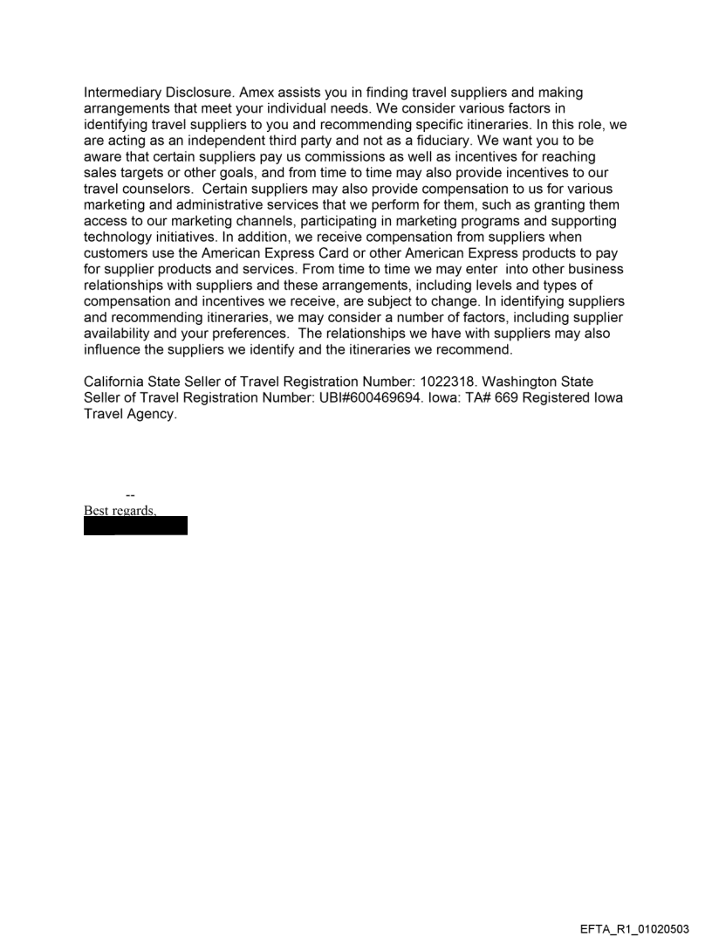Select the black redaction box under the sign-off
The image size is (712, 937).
(x=135, y=526)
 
